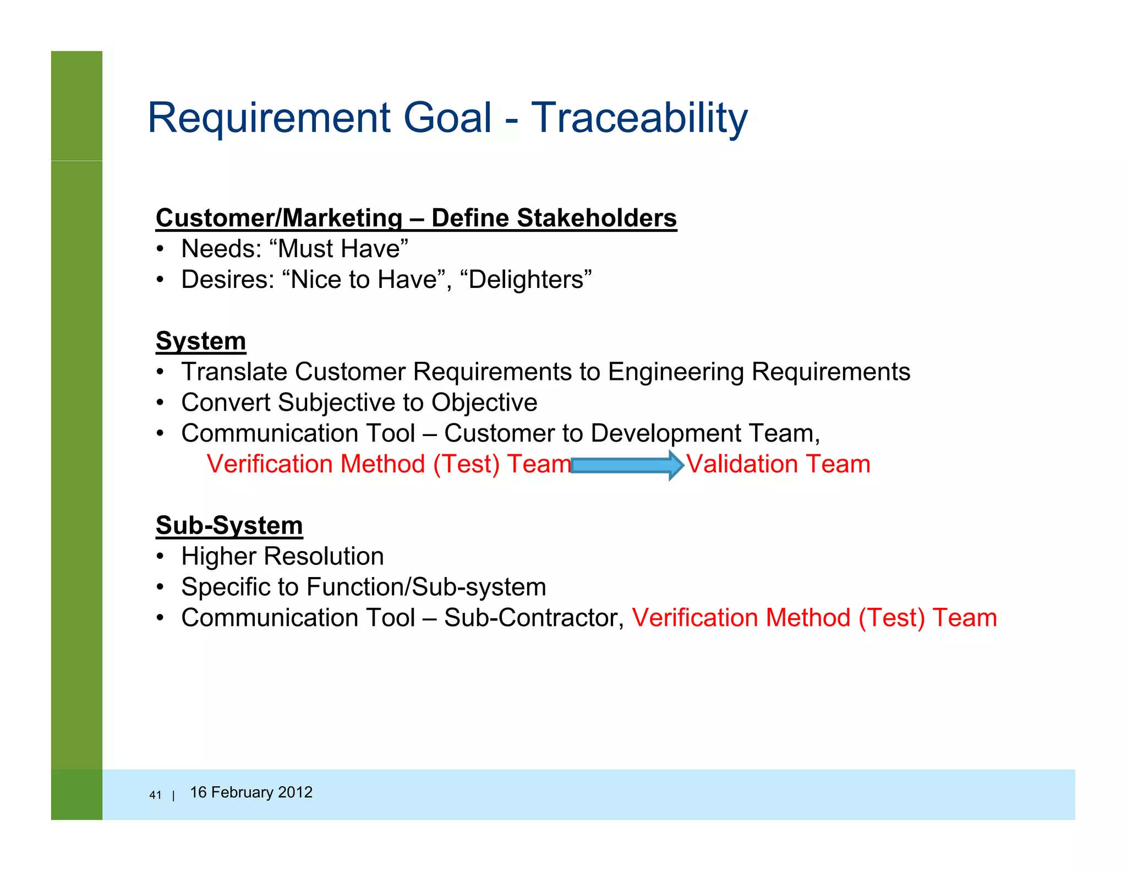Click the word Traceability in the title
(x=638, y=118)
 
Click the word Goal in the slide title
(x=447, y=118)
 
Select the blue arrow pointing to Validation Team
(x=627, y=465)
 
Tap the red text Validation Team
(x=778, y=464)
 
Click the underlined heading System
(x=201, y=341)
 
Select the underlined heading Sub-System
(x=229, y=525)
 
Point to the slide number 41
(x=155, y=795)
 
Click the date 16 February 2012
(x=251, y=792)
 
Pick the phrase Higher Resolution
(x=282, y=556)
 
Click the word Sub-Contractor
(x=533, y=618)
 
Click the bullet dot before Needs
(x=160, y=249)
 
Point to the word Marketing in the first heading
(x=344, y=218)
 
